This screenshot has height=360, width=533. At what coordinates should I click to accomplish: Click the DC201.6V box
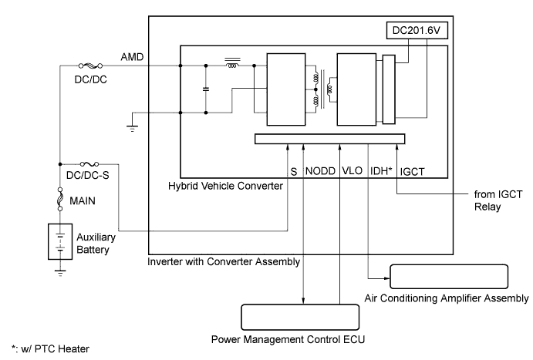[417, 31]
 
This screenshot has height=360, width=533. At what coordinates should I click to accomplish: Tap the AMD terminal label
[132, 57]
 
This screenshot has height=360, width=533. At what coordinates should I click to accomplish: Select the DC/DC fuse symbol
[90, 66]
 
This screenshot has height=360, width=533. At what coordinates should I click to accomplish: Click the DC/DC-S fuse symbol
[89, 164]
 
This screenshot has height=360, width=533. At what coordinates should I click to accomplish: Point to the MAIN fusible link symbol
[60, 199]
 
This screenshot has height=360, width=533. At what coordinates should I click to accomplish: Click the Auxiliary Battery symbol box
[60, 241]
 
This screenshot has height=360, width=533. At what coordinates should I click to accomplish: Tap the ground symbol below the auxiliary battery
[60, 273]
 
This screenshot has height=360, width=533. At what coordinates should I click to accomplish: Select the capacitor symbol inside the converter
[206, 89]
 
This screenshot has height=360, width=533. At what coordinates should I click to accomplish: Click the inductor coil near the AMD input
[232, 63]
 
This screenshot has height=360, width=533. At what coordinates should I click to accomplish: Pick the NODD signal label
[320, 171]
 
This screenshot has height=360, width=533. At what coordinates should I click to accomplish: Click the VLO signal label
[352, 170]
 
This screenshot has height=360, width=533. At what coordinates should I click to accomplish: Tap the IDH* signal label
[381, 171]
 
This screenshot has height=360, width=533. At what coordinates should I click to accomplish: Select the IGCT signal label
[412, 171]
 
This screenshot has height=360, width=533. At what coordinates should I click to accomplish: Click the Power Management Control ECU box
[300, 317]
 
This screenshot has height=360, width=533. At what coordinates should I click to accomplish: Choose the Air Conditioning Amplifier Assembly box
[449, 277]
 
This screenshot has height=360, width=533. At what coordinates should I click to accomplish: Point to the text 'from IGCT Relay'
[498, 200]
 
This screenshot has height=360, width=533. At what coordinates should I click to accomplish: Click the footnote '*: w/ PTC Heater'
[50, 348]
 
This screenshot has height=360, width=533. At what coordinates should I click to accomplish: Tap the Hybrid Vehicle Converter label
[225, 186]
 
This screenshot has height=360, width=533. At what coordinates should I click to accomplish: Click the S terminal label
[294, 171]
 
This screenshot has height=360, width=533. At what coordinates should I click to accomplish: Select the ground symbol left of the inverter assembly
[132, 128]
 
